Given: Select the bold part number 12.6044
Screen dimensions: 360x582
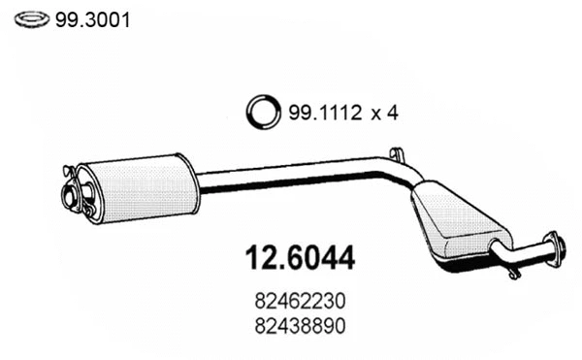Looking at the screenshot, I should click(x=296, y=259).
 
